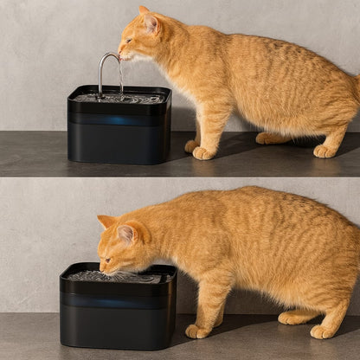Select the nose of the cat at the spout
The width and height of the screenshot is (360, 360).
121,55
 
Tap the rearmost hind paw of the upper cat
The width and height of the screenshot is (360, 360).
325,151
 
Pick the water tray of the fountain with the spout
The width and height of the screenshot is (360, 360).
119,98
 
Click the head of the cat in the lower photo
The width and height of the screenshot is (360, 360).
121,247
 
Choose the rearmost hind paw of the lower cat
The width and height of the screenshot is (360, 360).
323,331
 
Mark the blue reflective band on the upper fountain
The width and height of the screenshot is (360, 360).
119,119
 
